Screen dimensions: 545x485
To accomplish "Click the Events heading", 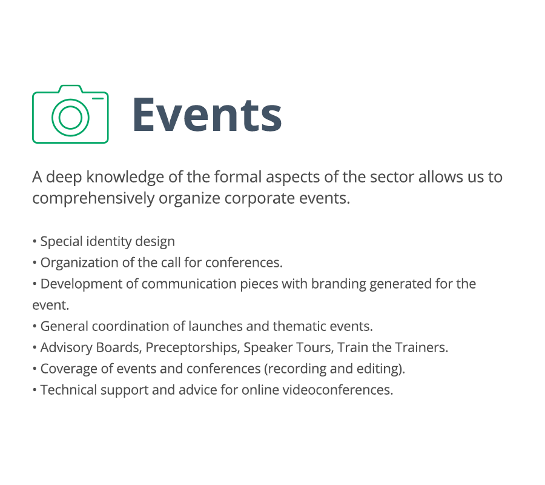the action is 207,115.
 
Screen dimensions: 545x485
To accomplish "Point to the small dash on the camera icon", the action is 97,98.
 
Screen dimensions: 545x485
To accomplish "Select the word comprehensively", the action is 93,199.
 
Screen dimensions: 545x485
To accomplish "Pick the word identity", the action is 109,242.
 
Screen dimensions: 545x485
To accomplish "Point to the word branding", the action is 339,284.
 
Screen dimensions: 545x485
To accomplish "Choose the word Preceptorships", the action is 193,348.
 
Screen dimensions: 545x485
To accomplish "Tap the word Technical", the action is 68,390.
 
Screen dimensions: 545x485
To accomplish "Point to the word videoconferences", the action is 337,390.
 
